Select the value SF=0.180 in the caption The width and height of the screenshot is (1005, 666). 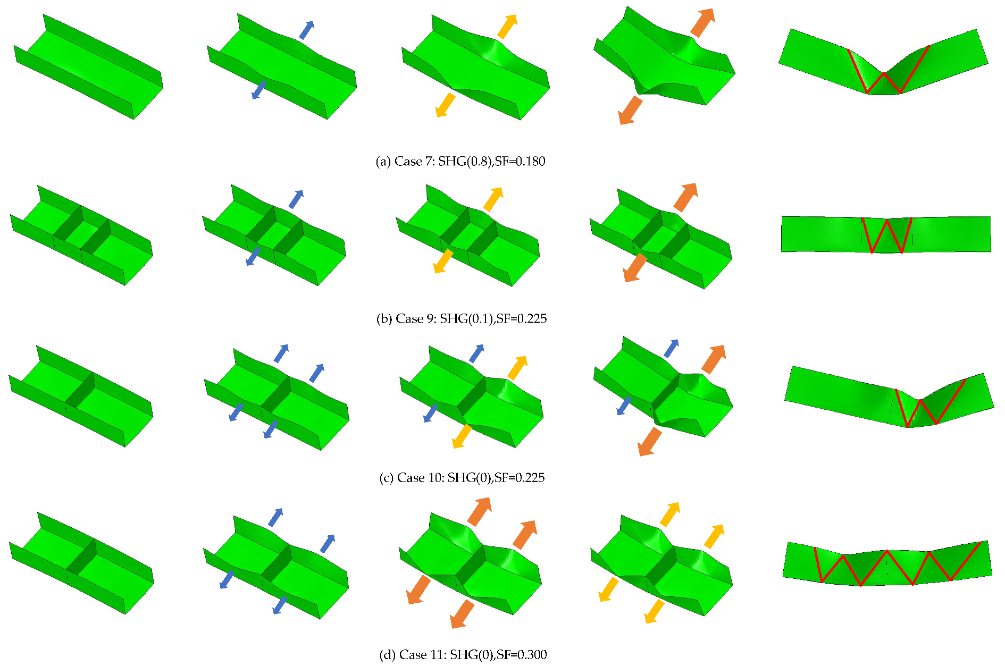click(520, 162)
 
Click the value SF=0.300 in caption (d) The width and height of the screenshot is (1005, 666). click(522, 655)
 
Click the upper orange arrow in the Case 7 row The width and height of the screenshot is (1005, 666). click(702, 23)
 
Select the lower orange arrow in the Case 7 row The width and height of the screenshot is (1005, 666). click(630, 110)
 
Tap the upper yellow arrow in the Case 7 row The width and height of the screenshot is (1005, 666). click(507, 27)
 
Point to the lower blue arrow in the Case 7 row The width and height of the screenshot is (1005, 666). click(258, 90)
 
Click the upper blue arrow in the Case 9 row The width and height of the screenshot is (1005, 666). click(296, 199)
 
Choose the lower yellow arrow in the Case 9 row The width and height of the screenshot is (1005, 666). click(443, 261)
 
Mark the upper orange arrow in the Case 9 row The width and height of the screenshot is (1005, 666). click(686, 198)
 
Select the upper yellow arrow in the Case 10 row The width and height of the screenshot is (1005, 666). click(517, 368)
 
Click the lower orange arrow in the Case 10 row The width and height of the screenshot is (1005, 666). click(650, 442)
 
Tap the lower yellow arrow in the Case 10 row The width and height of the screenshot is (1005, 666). click(462, 436)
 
